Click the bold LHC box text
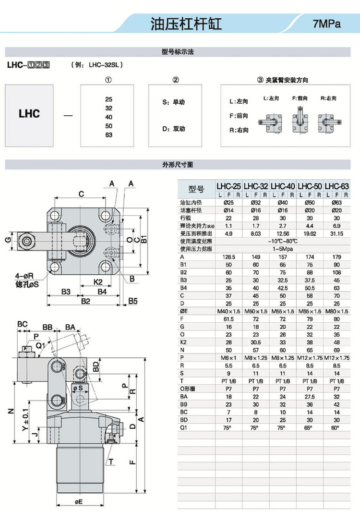29,114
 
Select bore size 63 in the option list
108,135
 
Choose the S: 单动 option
174,102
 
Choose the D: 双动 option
174,129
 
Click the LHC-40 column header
283,186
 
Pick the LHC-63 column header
337,186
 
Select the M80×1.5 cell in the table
337,311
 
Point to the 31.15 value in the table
337,234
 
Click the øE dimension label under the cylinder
79,501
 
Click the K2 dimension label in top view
97,281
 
